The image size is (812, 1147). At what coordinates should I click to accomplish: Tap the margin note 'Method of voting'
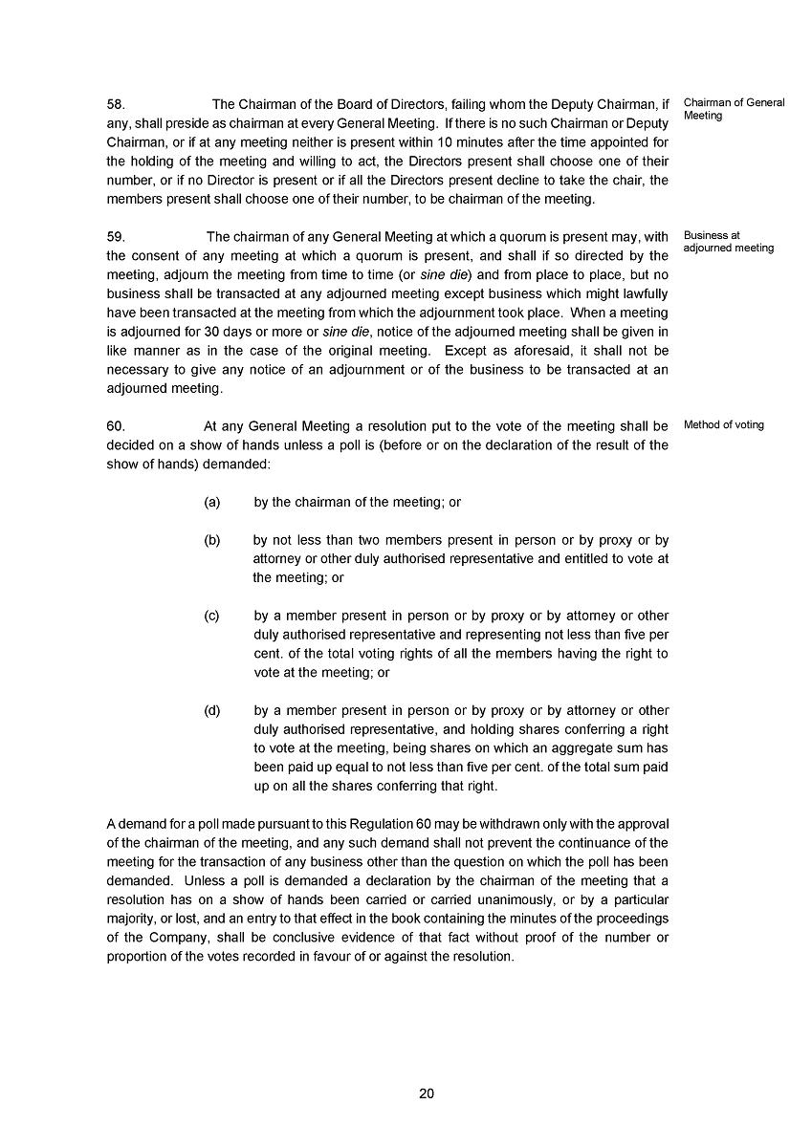coord(723,425)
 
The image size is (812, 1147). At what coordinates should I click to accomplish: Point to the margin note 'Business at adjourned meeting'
coord(728,242)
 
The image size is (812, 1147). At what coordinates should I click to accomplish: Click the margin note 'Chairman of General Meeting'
coord(734,109)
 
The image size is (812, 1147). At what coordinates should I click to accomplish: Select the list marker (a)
coord(212,502)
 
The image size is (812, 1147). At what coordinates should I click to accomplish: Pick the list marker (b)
coord(212,540)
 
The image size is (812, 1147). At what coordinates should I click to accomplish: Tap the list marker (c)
coord(212,616)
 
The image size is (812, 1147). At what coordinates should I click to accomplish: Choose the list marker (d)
coord(212,710)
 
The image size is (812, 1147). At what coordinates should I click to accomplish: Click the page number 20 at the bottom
coord(427,1093)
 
